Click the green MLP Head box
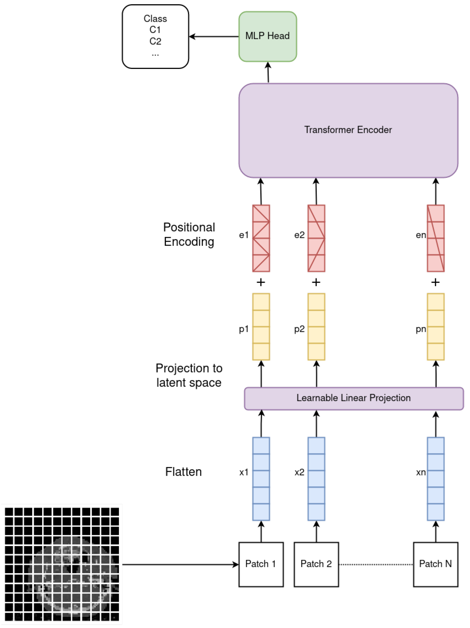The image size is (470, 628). pos(267,36)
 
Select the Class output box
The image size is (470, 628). pos(155,36)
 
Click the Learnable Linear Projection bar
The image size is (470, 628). pos(354,398)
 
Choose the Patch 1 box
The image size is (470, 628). pos(261,564)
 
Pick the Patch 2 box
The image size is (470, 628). pos(316,564)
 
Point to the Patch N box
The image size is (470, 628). pos(435,564)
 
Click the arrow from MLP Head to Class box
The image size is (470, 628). pos(214,37)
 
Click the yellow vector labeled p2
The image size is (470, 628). pos(316,326)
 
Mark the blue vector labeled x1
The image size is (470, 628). pos(261,479)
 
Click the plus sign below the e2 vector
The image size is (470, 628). pos(316,282)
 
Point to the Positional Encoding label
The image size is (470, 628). pos(189,235)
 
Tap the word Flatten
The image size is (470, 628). pos(183,472)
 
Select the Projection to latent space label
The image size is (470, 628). pos(189,375)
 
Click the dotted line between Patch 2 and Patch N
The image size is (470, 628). pos(376,564)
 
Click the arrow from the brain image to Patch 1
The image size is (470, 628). pos(180,564)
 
